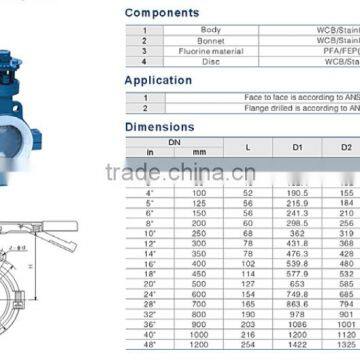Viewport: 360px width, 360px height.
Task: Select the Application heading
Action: [x=158, y=80]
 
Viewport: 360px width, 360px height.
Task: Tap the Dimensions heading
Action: [x=160, y=127]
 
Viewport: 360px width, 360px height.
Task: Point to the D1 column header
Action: [x=296, y=147]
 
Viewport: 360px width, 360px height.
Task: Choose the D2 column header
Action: [x=345, y=147]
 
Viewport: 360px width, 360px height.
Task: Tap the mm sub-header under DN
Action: [x=199, y=153]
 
